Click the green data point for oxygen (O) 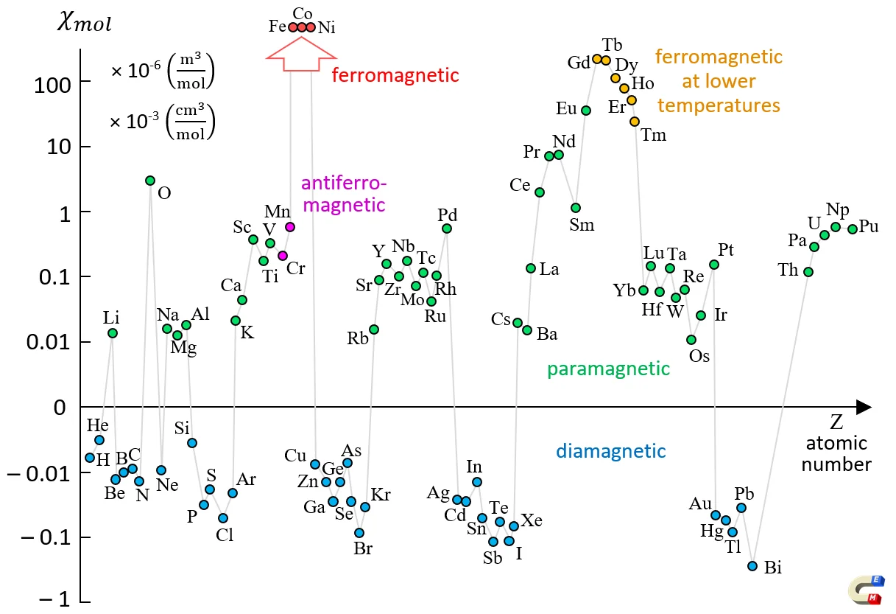(x=150, y=181)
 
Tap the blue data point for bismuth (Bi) (x=752, y=566)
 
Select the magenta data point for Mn (x=290, y=227)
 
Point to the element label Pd (x=448, y=215)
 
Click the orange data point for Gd (x=597, y=59)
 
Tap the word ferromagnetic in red (x=395, y=75)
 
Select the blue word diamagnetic (x=610, y=451)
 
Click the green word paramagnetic (x=608, y=369)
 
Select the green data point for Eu (x=586, y=111)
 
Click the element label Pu (x=869, y=227)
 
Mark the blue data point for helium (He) (x=99, y=440)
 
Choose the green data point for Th (x=808, y=272)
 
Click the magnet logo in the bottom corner (x=866, y=590)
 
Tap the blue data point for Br (x=359, y=533)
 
